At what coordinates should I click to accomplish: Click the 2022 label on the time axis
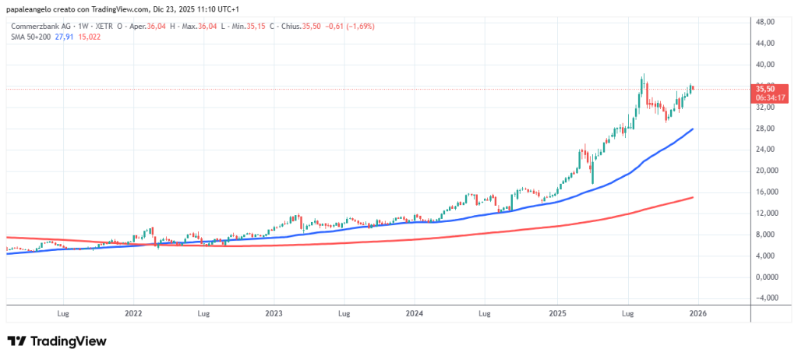click(133, 314)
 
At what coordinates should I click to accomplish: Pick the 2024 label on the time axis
click(415, 314)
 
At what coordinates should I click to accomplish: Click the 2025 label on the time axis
click(556, 314)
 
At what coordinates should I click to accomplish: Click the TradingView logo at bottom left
click(56, 341)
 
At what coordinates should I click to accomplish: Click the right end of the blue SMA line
click(693, 129)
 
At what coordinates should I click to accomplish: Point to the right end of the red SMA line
click(693, 197)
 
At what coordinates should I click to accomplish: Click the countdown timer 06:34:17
click(764, 97)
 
